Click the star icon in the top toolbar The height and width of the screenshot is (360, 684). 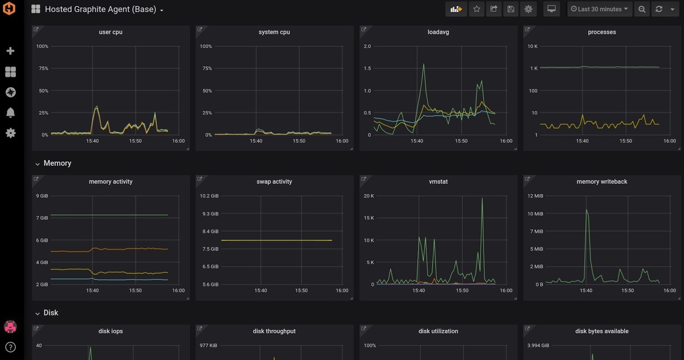click(x=477, y=9)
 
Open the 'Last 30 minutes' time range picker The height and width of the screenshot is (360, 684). click(x=599, y=9)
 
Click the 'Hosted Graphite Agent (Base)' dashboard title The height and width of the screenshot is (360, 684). click(x=100, y=9)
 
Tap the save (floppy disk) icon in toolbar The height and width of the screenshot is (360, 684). click(x=511, y=9)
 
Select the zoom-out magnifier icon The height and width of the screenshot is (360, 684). click(x=642, y=9)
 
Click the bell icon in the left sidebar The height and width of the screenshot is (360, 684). click(x=10, y=113)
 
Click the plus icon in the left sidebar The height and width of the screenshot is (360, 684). click(x=10, y=51)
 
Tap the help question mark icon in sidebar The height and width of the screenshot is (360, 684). click(x=10, y=347)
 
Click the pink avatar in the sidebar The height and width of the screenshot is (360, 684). click(x=10, y=327)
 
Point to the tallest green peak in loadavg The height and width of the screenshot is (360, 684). click(x=424, y=64)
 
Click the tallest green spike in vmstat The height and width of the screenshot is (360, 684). click(x=482, y=198)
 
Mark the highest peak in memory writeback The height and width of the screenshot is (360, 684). click(x=587, y=210)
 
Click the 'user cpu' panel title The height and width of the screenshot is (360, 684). click(x=111, y=32)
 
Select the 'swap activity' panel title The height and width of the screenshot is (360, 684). click(x=274, y=182)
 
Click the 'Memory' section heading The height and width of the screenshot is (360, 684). click(x=58, y=163)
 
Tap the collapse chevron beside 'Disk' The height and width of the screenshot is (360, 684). click(x=37, y=313)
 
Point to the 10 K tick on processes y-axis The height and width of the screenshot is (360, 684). click(x=532, y=46)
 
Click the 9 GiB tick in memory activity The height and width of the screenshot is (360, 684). click(x=42, y=196)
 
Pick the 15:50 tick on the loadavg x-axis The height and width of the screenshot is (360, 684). click(x=461, y=141)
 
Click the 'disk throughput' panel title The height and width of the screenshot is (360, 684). click(x=274, y=331)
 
